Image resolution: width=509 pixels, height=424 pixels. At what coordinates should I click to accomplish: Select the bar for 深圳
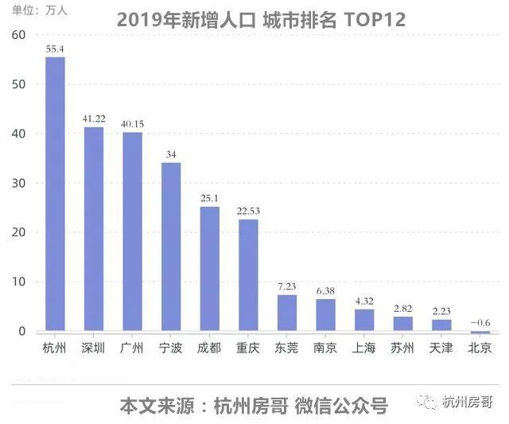[x=94, y=228]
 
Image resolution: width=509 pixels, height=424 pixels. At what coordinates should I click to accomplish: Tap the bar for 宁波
[x=171, y=246]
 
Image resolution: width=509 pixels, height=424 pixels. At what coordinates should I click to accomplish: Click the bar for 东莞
[x=287, y=313]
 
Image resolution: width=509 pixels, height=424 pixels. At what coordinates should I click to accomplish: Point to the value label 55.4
[x=55, y=49]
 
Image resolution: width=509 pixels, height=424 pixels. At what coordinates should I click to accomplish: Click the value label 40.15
[x=132, y=123]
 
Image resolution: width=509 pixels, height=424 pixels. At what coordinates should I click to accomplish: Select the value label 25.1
[x=210, y=197]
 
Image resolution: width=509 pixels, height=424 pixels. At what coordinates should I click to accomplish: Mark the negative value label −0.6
[x=480, y=321]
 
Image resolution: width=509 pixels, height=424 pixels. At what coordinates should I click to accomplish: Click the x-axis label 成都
[x=210, y=348]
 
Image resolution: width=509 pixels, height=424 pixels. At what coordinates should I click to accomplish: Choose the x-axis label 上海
[x=364, y=348]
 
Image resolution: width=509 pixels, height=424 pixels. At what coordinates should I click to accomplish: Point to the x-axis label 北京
[x=480, y=348]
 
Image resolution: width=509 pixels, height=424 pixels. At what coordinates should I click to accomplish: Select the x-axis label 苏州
[x=402, y=348]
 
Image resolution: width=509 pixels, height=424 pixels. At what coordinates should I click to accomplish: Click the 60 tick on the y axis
[x=19, y=35]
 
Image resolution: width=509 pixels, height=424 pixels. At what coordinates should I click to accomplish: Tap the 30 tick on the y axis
[x=19, y=183]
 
